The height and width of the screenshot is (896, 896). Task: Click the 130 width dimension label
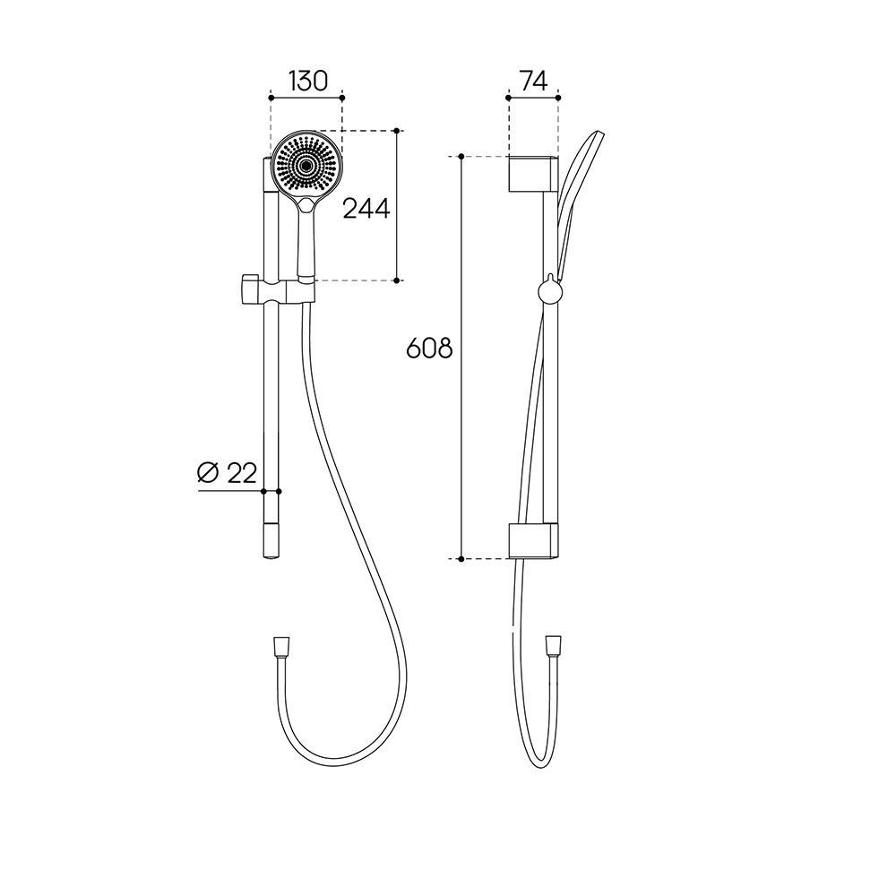(x=307, y=82)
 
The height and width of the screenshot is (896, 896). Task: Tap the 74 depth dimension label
(x=534, y=82)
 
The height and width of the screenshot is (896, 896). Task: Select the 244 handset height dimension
(x=366, y=209)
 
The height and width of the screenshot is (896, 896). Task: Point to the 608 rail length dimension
(x=429, y=348)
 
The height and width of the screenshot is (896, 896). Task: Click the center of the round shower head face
(x=306, y=165)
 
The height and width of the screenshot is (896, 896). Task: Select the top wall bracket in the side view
(x=533, y=173)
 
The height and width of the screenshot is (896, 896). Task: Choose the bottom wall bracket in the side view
(x=533, y=540)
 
